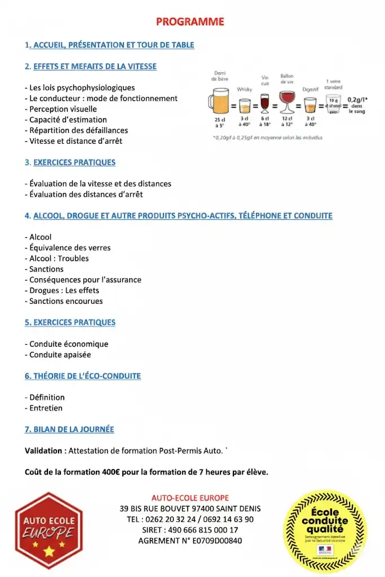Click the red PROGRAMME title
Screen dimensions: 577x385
click(190, 22)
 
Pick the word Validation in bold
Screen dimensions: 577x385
click(43, 451)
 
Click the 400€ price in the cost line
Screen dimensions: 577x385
click(112, 472)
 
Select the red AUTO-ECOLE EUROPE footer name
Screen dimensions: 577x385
click(190, 498)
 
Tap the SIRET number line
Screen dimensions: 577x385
click(190, 530)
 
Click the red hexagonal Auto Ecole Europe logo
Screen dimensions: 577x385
click(48, 530)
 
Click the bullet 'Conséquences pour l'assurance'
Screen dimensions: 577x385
click(85, 279)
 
